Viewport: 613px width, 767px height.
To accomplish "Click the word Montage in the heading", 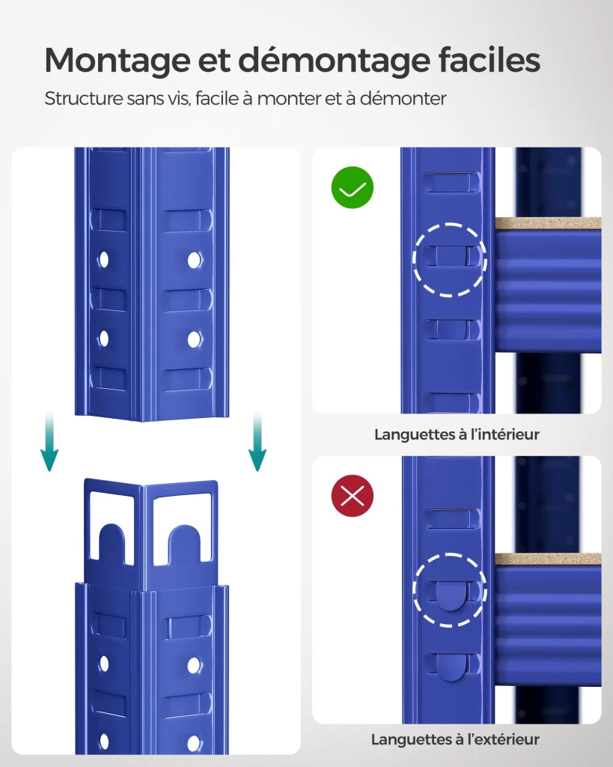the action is [x=118, y=61].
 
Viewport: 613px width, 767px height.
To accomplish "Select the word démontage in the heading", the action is [x=335, y=61].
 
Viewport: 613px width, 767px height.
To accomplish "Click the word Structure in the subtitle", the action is [x=84, y=98].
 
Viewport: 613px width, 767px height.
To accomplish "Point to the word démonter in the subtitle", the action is [x=403, y=98].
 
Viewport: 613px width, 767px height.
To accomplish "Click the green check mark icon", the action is [x=353, y=187].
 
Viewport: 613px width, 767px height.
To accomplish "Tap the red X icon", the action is [x=353, y=496].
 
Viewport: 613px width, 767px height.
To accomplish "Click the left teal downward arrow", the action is [x=49, y=441].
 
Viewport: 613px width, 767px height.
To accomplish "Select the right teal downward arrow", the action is [x=257, y=441].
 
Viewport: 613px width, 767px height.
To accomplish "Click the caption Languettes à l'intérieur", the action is [x=457, y=434].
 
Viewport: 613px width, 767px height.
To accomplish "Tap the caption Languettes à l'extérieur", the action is [x=455, y=739].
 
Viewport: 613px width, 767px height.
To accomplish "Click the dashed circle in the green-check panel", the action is [x=450, y=223].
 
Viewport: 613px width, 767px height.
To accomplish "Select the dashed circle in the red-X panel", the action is [x=450, y=554].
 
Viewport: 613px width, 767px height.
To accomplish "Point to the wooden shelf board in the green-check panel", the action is [x=548, y=223].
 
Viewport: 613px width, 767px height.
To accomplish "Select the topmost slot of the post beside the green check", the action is [x=451, y=181].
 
